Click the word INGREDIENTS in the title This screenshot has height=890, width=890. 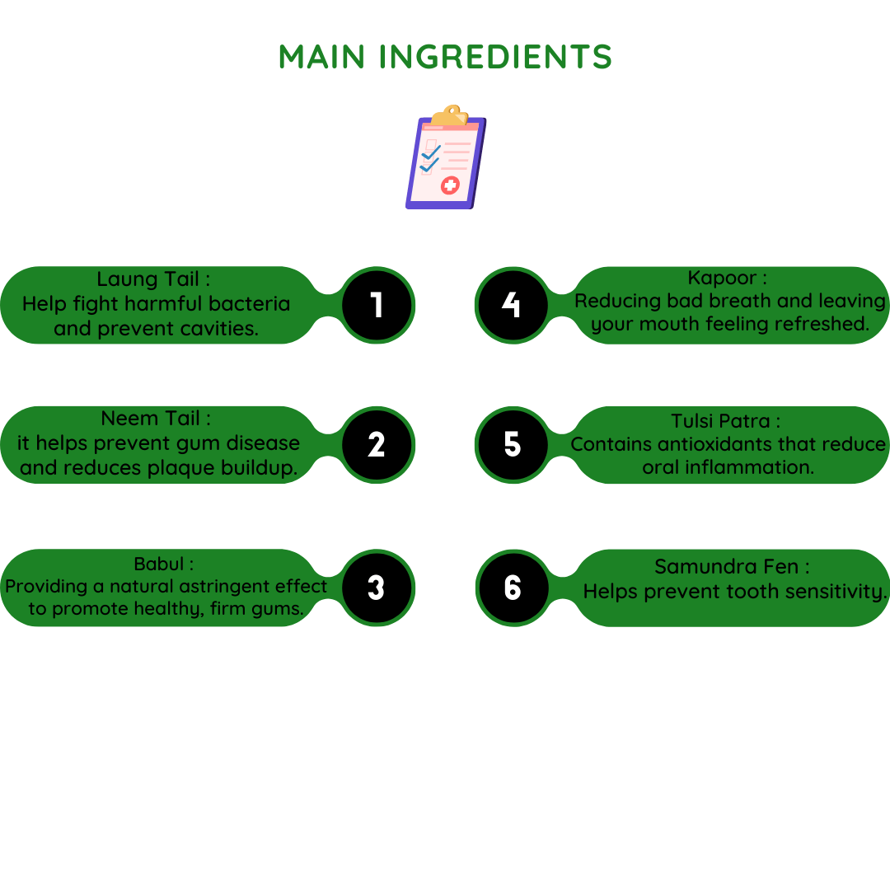495,57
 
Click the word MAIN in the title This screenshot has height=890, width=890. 321,57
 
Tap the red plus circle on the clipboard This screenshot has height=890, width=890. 450,185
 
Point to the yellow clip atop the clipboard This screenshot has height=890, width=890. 450,115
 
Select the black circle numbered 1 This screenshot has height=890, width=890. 377,305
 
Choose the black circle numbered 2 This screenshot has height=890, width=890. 377,445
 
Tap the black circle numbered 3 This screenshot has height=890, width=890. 377,588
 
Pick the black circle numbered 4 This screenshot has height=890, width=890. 513,305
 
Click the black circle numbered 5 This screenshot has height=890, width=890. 513,445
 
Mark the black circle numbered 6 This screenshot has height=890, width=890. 513,588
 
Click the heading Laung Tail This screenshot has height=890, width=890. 148,279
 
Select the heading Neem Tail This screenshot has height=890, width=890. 151,419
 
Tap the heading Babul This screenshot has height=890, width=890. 159,564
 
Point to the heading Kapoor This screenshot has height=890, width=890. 722,279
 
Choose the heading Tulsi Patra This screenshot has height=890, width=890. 720,421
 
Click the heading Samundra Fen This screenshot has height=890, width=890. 727,566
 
